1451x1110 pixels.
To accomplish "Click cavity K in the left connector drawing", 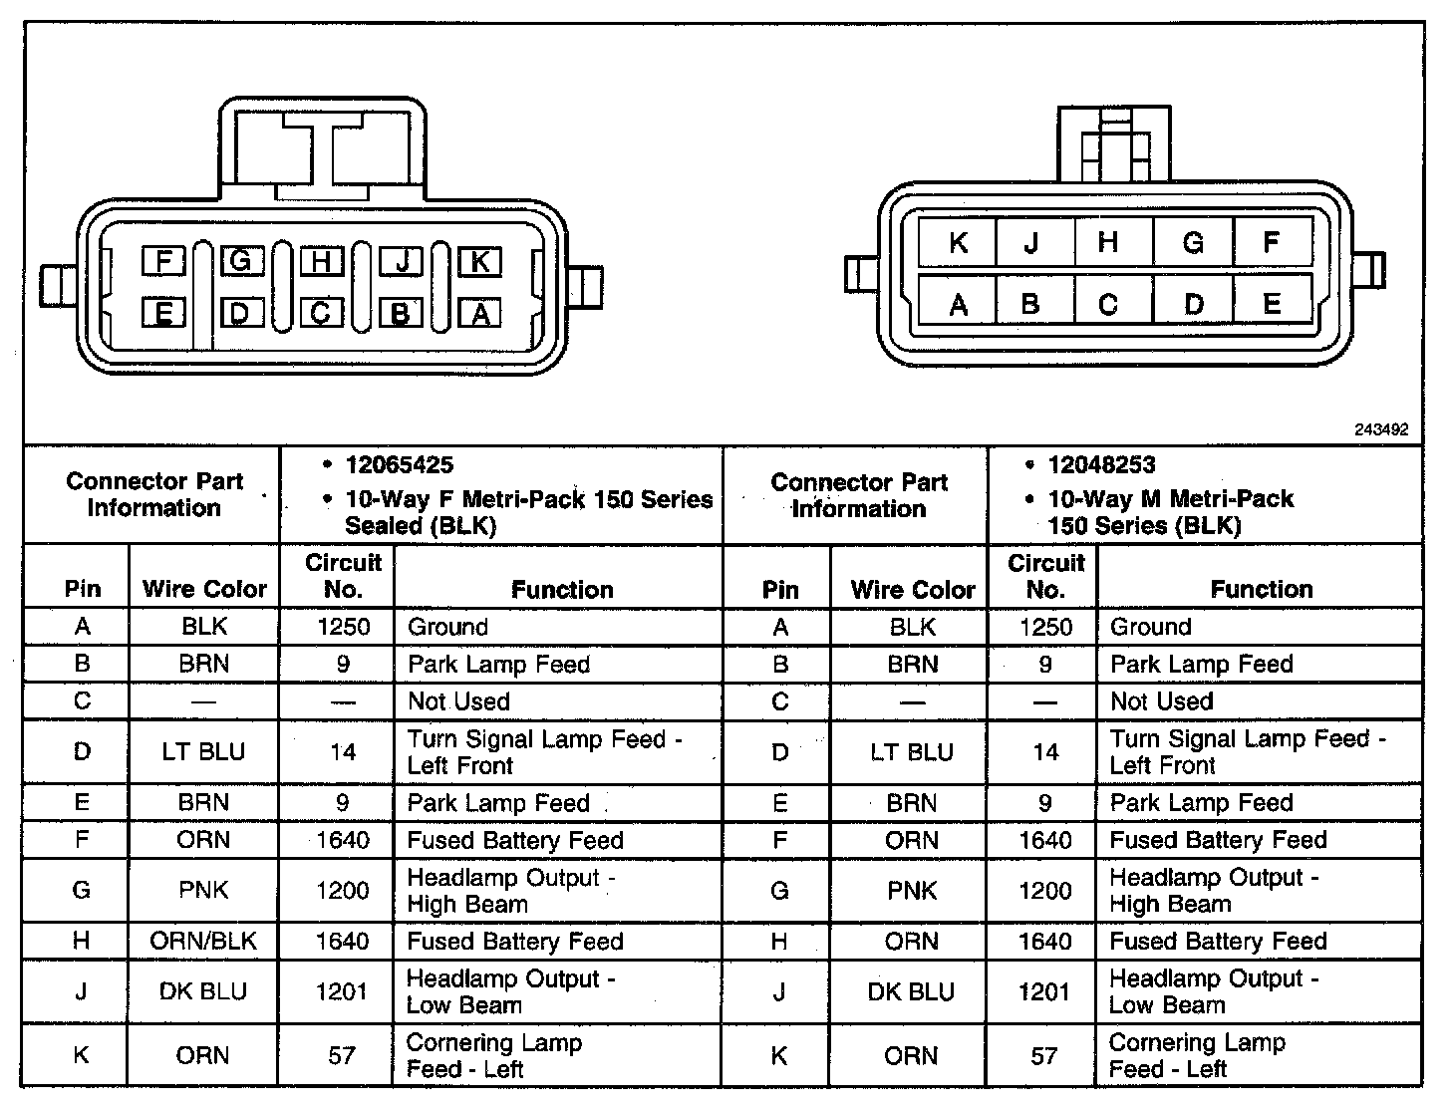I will [479, 262].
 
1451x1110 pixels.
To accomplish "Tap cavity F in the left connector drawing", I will [163, 262].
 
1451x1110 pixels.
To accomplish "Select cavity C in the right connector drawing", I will [1108, 304].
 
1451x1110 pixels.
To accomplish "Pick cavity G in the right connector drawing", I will [1193, 243].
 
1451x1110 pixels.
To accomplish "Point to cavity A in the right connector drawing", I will [958, 304].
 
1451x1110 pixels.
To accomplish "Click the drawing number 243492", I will [1381, 429].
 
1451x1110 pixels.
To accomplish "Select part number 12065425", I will [399, 465].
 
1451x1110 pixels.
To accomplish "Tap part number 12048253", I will [1101, 465].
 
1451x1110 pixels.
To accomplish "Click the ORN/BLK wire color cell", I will [203, 941].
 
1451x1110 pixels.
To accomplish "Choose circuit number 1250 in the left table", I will [343, 627].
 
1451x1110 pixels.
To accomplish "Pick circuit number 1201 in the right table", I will [1044, 991].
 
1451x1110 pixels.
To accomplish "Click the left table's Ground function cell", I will [447, 627].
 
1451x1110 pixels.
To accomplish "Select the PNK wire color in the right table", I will [912, 891].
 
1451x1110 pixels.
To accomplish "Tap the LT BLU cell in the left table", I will [203, 751].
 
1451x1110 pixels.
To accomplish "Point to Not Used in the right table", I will [1161, 701].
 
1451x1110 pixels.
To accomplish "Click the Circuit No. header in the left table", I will [343, 576].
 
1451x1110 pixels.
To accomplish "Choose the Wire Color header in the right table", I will [912, 590].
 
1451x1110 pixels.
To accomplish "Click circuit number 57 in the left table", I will [342, 1055].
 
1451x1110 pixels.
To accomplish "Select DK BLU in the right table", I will [911, 991].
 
